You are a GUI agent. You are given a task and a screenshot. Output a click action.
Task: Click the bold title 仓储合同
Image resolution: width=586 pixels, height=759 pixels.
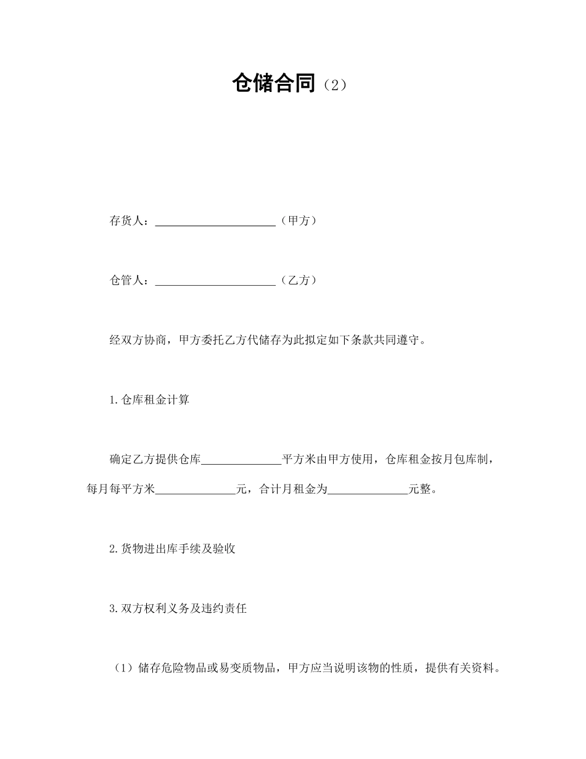pos(274,83)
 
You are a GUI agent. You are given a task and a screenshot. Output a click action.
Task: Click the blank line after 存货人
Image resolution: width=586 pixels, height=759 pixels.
pos(215,222)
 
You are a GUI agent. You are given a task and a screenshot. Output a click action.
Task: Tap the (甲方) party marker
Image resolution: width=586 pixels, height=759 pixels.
pos(299,220)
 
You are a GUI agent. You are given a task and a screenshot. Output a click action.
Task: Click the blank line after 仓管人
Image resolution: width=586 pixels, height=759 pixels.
pos(215,282)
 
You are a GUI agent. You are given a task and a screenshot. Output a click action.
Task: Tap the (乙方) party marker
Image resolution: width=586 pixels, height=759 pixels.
pos(299,280)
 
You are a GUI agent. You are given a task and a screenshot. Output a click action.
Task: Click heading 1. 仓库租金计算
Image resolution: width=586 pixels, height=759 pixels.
pos(149,400)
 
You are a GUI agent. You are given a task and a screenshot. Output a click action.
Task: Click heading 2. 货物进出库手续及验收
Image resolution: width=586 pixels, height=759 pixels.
pos(172,549)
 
